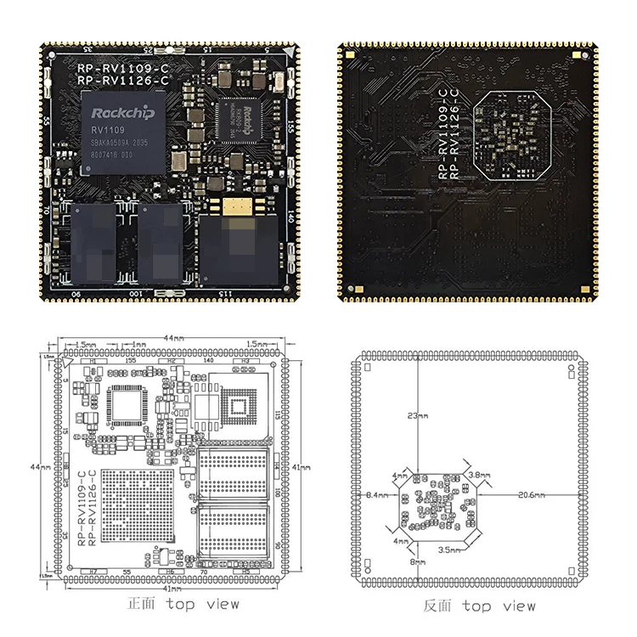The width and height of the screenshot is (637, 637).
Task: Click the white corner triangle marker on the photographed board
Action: tap(291, 53)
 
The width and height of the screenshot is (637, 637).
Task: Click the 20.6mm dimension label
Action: tap(532, 493)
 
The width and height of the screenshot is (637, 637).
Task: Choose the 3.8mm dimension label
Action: tap(479, 476)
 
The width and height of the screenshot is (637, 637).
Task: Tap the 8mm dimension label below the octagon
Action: tap(416, 561)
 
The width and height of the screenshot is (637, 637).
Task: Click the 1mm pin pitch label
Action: tap(139, 345)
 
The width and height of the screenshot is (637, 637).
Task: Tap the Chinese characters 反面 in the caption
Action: tap(438, 606)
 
